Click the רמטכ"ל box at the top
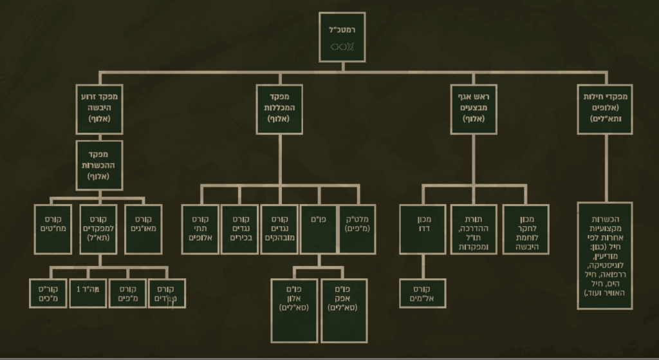pyautogui.click(x=343, y=37)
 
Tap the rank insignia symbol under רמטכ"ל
pyautogui.click(x=343, y=46)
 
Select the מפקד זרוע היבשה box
pyautogui.click(x=100, y=109)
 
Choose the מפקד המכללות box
pyautogui.click(x=279, y=109)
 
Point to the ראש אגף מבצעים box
pyautogui.click(x=473, y=109)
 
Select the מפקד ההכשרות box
pyautogui.click(x=100, y=166)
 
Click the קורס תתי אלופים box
pyautogui.click(x=200, y=229)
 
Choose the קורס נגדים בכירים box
pyautogui.click(x=239, y=229)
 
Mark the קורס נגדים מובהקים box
pyautogui.click(x=279, y=229)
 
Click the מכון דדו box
pyautogui.click(x=422, y=229)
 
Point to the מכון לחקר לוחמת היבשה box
pyautogui.click(x=525, y=229)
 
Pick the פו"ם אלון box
pyautogui.click(x=294, y=310)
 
